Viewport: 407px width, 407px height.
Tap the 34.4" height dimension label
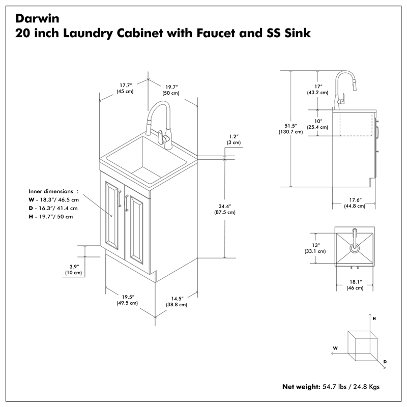pos(224,209)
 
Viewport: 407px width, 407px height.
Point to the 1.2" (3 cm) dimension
pos(234,139)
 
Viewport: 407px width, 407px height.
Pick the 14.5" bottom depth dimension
pos(177,301)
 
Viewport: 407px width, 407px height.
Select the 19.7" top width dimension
pos(170,90)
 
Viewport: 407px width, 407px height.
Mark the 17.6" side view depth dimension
pos(354,202)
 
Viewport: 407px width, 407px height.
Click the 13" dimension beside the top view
pos(316,248)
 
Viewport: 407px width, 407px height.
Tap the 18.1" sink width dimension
pos(355,284)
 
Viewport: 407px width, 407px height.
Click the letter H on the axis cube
pos(374,318)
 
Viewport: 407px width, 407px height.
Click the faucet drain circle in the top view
pos(355,249)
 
